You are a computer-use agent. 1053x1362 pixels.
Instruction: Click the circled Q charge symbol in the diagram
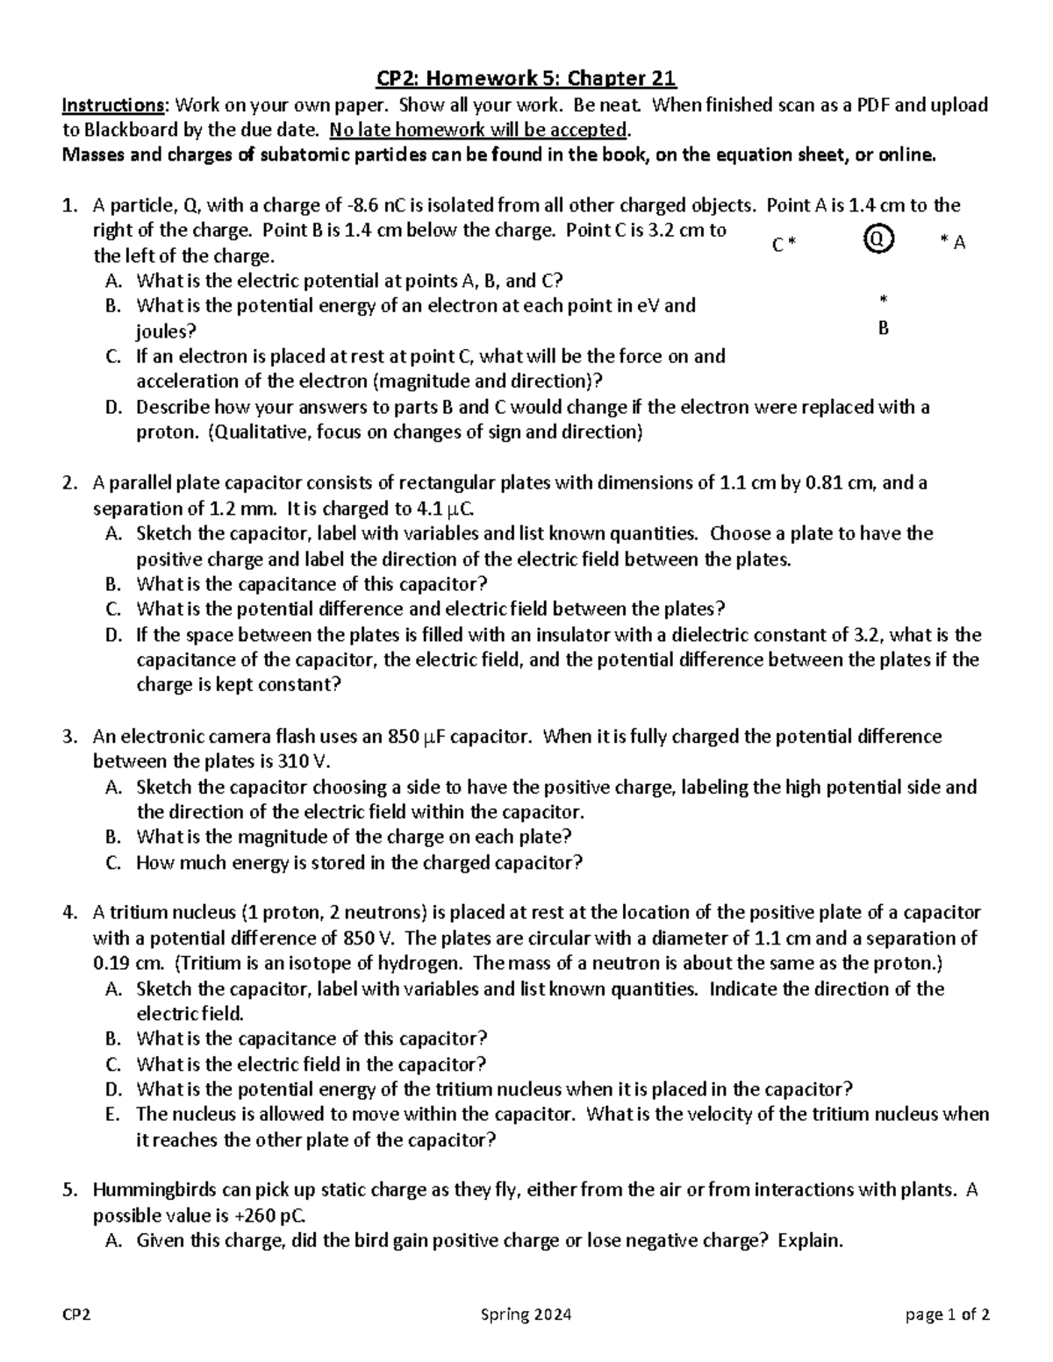[878, 238]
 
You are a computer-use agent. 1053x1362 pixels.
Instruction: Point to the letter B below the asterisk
[884, 329]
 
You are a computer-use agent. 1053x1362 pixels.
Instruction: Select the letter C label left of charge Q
[777, 246]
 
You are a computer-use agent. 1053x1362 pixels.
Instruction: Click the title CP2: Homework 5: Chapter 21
[526, 79]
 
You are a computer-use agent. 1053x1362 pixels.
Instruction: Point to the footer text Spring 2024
[526, 1316]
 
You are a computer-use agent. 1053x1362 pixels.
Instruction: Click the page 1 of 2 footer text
[949, 1316]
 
